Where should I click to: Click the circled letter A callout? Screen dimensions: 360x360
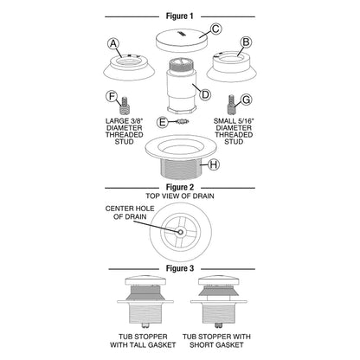tap(113, 44)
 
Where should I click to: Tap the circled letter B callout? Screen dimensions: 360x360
tap(246, 42)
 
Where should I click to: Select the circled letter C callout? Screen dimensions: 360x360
tap(215, 29)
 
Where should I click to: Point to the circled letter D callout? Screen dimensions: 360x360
tap(205, 94)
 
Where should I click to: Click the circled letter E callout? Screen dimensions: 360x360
tap(163, 122)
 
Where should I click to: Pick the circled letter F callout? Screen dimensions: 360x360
tap(112, 96)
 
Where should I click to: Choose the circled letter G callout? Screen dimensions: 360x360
tap(247, 100)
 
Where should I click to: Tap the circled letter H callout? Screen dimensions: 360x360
tap(214, 164)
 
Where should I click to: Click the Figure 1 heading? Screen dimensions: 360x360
tap(179, 16)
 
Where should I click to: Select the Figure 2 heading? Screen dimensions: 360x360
tap(180, 188)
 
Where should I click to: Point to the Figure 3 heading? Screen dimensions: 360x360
tap(180, 268)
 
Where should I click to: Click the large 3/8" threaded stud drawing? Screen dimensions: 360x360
tap(125, 106)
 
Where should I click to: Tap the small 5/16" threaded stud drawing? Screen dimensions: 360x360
tap(231, 105)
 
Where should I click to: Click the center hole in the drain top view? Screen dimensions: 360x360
tap(180, 232)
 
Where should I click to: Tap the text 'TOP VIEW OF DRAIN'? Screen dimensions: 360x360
tap(180, 196)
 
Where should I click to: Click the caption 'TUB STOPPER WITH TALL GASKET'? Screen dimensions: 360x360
tap(143, 341)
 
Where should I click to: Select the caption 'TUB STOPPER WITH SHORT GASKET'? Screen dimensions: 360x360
tap(216, 341)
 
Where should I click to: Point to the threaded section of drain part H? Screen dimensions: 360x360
tap(180, 169)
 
